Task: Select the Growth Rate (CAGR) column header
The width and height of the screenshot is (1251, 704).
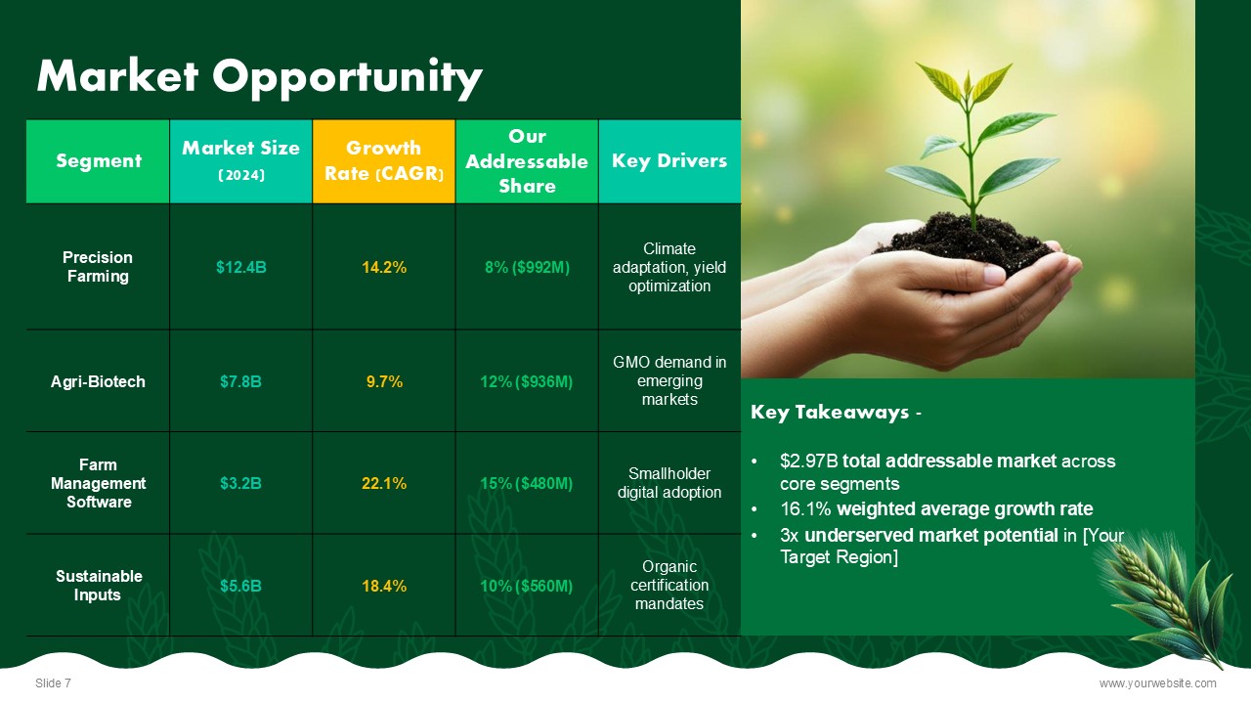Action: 384,161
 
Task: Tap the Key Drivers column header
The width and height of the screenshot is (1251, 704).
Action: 669,161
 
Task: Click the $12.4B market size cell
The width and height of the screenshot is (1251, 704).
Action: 240,267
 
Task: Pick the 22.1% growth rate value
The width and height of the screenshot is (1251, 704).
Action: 384,483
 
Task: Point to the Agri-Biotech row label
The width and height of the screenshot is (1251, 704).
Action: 98,381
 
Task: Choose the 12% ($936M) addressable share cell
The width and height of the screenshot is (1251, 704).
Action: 526,381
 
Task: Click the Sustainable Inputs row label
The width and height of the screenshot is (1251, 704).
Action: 99,586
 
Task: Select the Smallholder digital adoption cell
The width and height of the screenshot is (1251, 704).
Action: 669,483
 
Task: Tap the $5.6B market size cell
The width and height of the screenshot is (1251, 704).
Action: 240,586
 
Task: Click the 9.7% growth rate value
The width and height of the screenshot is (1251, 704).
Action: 384,381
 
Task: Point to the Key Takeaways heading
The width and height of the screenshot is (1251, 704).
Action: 836,413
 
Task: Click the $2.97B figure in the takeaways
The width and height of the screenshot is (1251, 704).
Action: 808,462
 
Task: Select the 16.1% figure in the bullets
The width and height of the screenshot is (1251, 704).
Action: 805,509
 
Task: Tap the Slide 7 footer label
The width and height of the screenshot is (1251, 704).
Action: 53,683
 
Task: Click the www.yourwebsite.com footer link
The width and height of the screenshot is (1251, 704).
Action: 1157,683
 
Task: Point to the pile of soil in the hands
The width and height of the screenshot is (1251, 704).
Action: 969,242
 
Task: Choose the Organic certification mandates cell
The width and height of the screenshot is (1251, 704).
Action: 669,585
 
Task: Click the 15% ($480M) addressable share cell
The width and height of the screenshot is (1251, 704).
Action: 526,483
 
